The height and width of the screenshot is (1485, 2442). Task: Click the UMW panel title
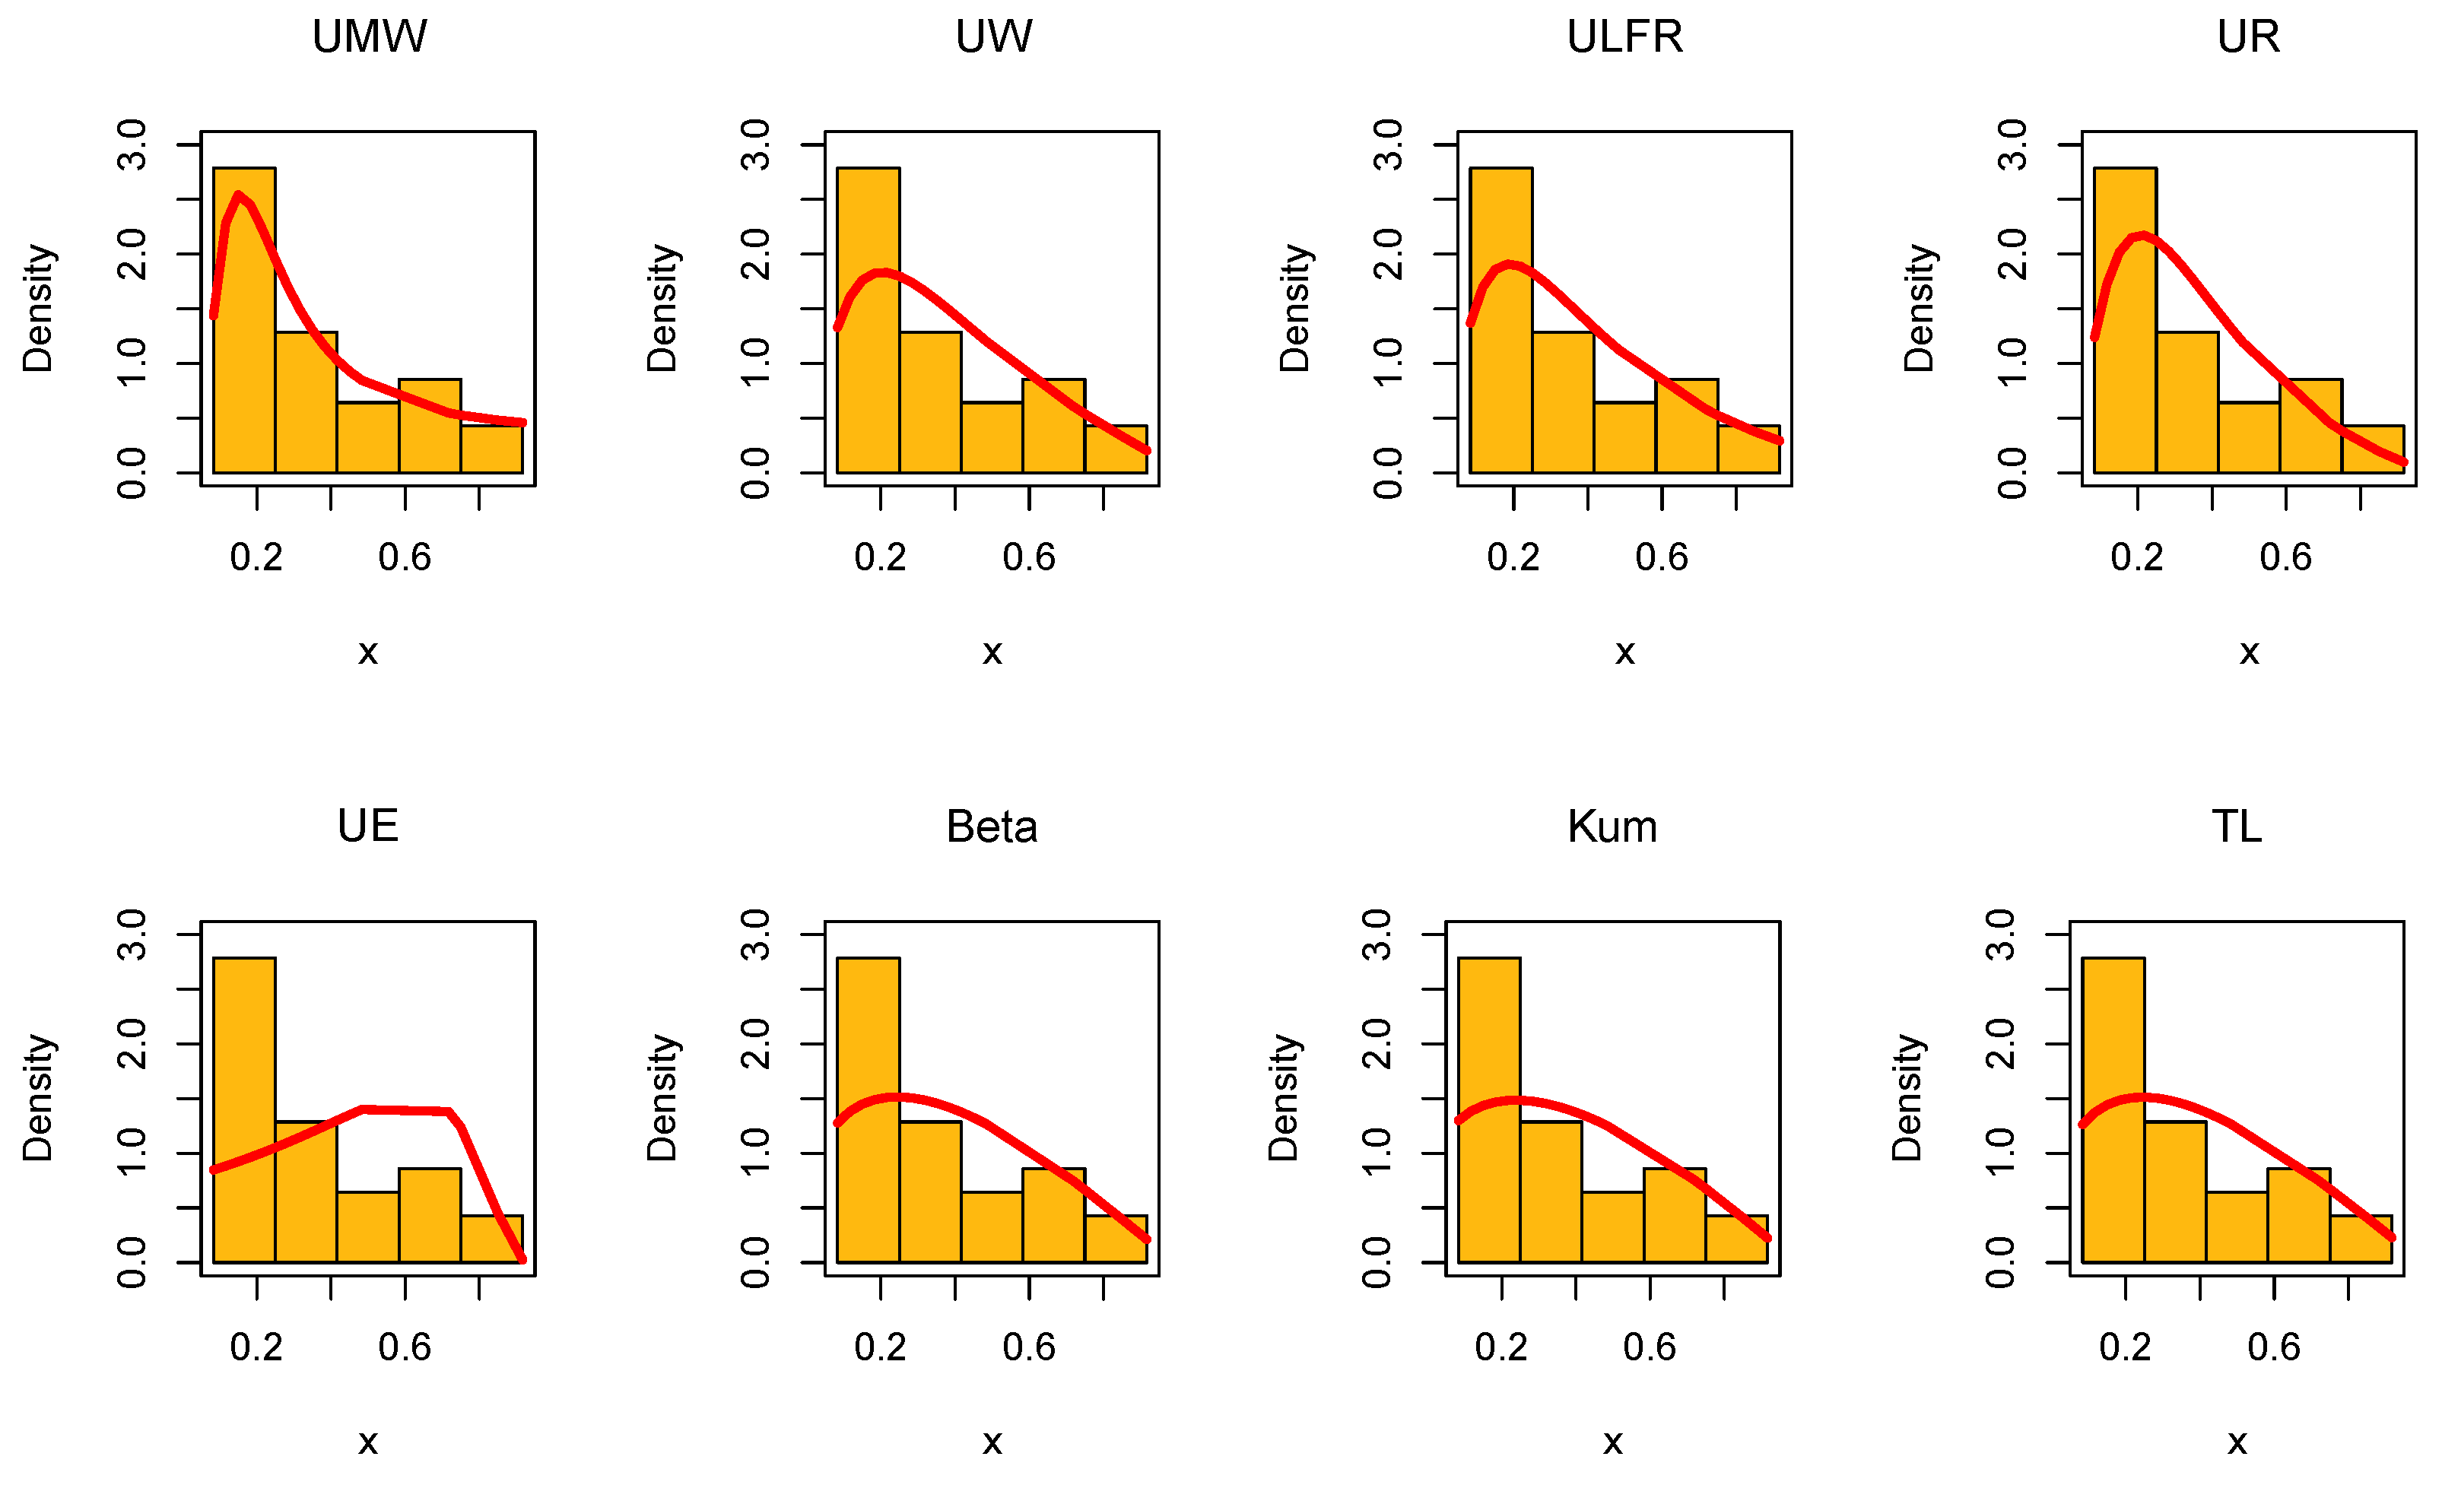point(369,38)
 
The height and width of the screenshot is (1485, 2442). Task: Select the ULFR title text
point(1624,38)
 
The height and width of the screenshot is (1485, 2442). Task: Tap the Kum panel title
point(1612,827)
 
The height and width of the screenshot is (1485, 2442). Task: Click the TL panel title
point(2237,827)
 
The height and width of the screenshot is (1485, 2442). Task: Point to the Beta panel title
point(991,827)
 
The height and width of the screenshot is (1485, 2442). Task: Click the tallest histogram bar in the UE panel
point(244,1109)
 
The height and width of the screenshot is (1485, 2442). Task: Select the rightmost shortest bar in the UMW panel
point(491,449)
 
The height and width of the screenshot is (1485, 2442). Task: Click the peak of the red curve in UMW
point(238,195)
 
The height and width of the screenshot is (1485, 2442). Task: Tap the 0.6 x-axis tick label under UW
point(1029,558)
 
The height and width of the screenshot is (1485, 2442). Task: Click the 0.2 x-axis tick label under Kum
point(1501,1347)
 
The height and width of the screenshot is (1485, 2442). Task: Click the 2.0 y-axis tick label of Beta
point(755,1044)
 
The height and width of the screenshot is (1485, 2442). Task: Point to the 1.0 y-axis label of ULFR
point(1389,363)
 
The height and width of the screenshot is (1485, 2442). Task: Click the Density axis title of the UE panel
point(38,1098)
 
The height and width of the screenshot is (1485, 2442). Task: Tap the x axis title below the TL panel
point(2237,1442)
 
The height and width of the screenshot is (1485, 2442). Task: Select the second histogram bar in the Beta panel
point(929,1191)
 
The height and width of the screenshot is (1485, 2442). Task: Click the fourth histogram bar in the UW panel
point(1053,426)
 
